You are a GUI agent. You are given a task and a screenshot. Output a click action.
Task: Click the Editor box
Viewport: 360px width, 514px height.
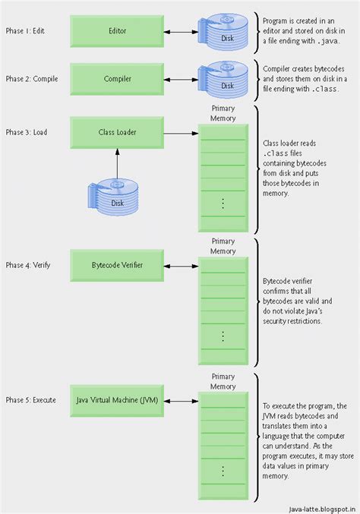tap(117, 31)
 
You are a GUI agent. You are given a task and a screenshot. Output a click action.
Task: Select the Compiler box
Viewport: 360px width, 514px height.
tap(117, 78)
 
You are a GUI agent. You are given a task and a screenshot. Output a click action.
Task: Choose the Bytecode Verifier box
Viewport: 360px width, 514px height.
tap(117, 265)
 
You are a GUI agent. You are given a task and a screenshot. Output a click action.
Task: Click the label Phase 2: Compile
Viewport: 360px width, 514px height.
tap(33, 78)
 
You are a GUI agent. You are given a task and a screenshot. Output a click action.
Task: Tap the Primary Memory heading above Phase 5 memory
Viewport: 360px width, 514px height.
tap(223, 380)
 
